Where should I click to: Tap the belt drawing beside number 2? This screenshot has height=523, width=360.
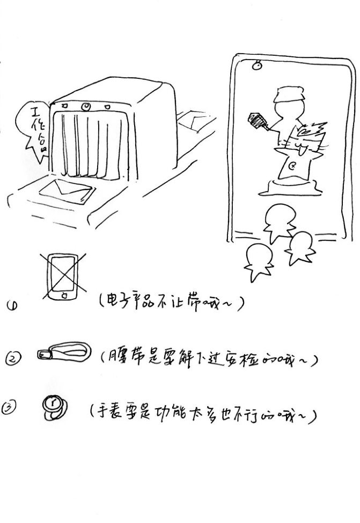(63, 352)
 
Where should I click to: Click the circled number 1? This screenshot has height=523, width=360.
(12, 306)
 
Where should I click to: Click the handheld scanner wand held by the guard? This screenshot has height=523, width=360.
(259, 121)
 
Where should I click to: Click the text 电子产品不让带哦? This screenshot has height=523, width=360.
(171, 304)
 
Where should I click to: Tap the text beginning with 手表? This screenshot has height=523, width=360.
(203, 414)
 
